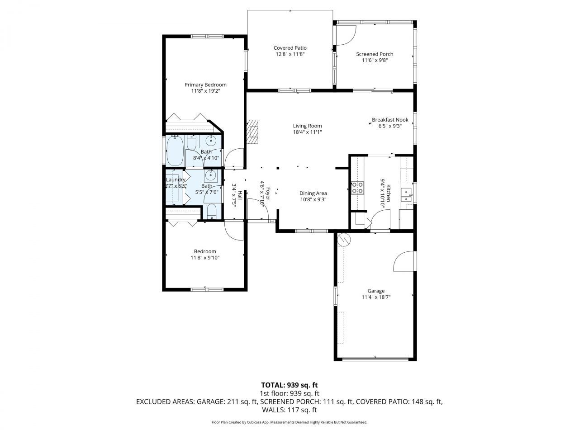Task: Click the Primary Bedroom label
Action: coord(205,85)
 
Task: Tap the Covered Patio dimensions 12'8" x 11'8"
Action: coord(290,54)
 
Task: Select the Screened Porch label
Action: coord(375,54)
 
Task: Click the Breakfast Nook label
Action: coord(390,120)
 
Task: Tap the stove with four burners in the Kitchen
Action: coord(358,188)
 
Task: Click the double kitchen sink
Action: coord(407,193)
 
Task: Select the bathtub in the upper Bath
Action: coord(175,151)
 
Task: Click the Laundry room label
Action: coord(176,179)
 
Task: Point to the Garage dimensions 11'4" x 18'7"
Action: coord(376,297)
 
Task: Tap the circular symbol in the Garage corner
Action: coord(344,239)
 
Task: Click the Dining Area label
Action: coord(313,193)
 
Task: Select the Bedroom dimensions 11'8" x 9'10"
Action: coord(205,258)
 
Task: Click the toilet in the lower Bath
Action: coord(211,211)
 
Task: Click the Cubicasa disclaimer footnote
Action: coord(289,422)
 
